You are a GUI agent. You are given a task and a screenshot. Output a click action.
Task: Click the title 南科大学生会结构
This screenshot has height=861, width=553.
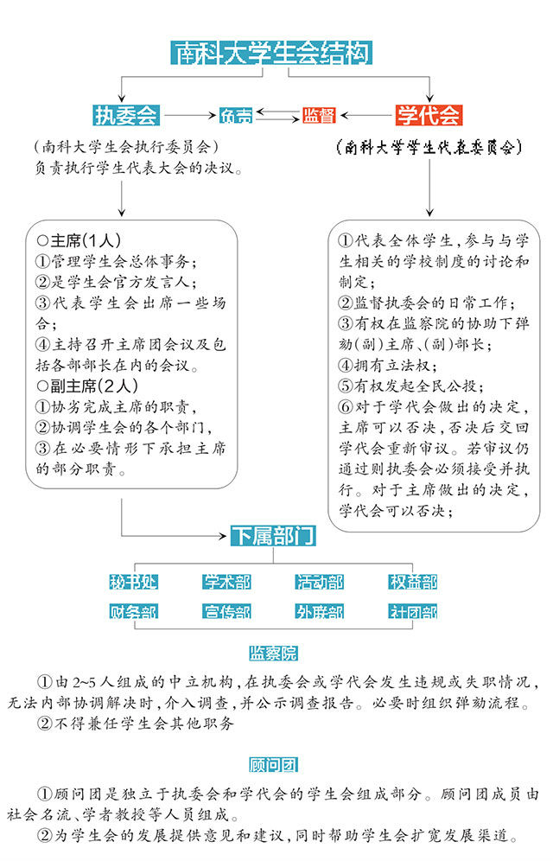271,53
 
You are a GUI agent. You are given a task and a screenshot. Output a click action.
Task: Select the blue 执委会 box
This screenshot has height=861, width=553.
125,115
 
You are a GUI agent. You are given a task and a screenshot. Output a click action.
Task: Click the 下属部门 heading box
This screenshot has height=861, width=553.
272,537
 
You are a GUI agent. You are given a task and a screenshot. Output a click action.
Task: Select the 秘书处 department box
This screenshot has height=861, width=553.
133,581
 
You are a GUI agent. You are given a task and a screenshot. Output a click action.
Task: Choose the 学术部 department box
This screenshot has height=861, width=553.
226,581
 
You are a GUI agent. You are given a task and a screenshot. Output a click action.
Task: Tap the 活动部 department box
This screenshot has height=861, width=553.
320,581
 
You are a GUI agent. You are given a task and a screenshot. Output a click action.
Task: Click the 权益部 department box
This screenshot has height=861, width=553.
412,581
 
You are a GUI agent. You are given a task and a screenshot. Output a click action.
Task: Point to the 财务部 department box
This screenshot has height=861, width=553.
133,612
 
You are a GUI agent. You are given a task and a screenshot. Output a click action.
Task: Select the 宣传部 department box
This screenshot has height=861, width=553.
226,612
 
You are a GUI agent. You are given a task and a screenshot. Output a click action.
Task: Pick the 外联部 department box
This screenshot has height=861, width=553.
320,612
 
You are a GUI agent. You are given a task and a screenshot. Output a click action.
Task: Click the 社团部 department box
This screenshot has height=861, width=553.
412,612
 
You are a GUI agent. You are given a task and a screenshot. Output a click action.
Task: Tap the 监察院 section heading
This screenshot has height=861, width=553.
272,653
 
